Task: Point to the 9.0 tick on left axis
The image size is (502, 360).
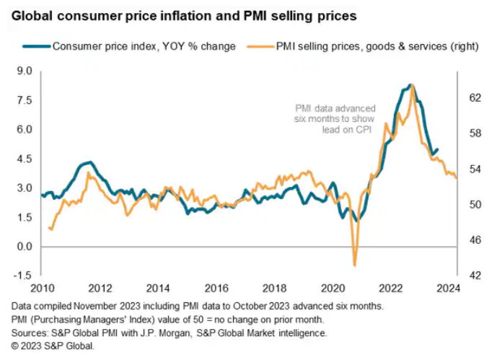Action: tap(24, 71)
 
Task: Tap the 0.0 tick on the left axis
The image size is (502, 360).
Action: tap(24, 247)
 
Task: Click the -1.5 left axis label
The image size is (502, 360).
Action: tap(22, 276)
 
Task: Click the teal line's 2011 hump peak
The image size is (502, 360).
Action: tap(87, 162)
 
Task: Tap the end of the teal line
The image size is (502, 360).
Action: tap(437, 150)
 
